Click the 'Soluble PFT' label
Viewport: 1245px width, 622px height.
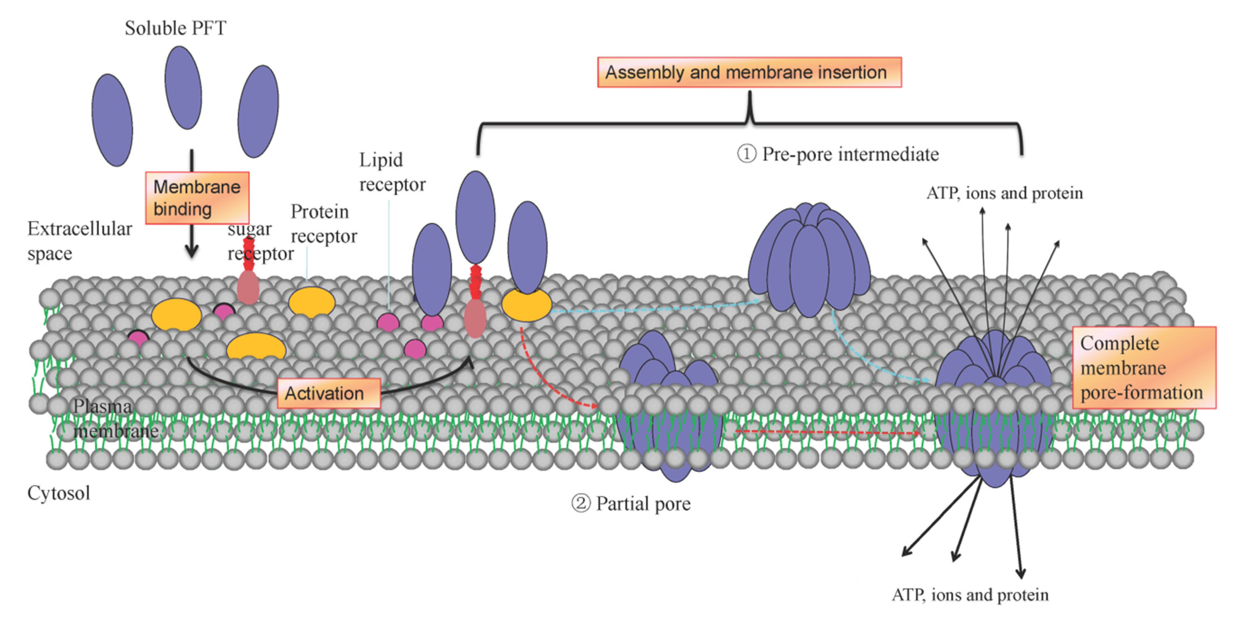[175, 28]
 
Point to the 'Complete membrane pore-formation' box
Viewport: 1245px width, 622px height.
[1143, 368]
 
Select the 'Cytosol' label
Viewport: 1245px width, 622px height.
[58, 493]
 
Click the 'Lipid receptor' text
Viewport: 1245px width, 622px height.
[391, 172]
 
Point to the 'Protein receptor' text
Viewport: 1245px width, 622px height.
[323, 224]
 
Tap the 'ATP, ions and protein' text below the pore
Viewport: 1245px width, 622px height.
[970, 595]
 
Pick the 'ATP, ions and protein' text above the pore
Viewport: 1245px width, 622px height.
[1004, 193]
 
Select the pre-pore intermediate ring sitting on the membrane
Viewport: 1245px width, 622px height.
[809, 261]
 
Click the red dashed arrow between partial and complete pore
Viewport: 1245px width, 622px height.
[827, 432]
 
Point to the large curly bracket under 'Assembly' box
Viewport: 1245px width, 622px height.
[750, 121]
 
